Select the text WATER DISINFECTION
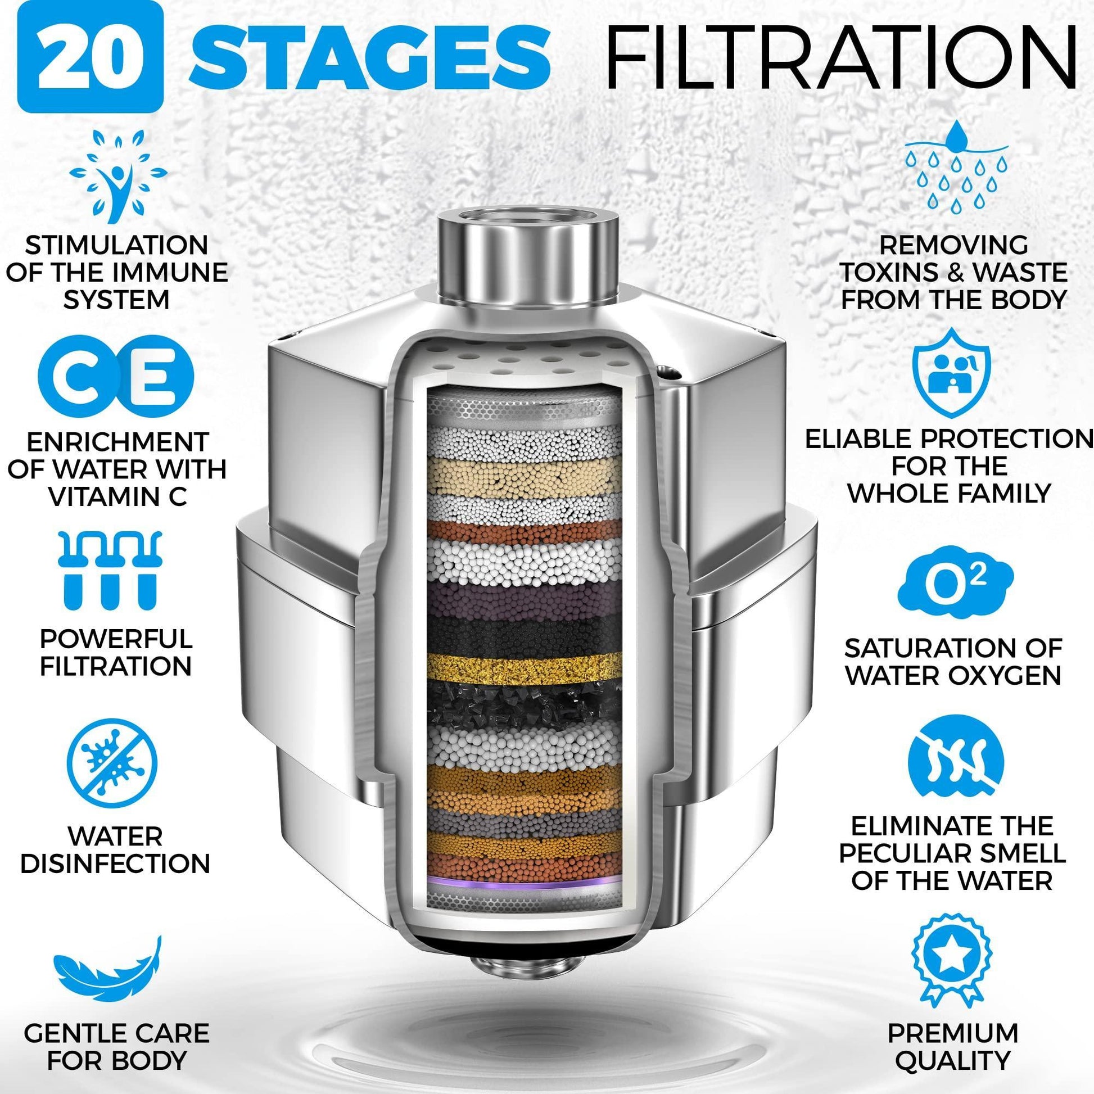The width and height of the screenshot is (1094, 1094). (114, 850)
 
